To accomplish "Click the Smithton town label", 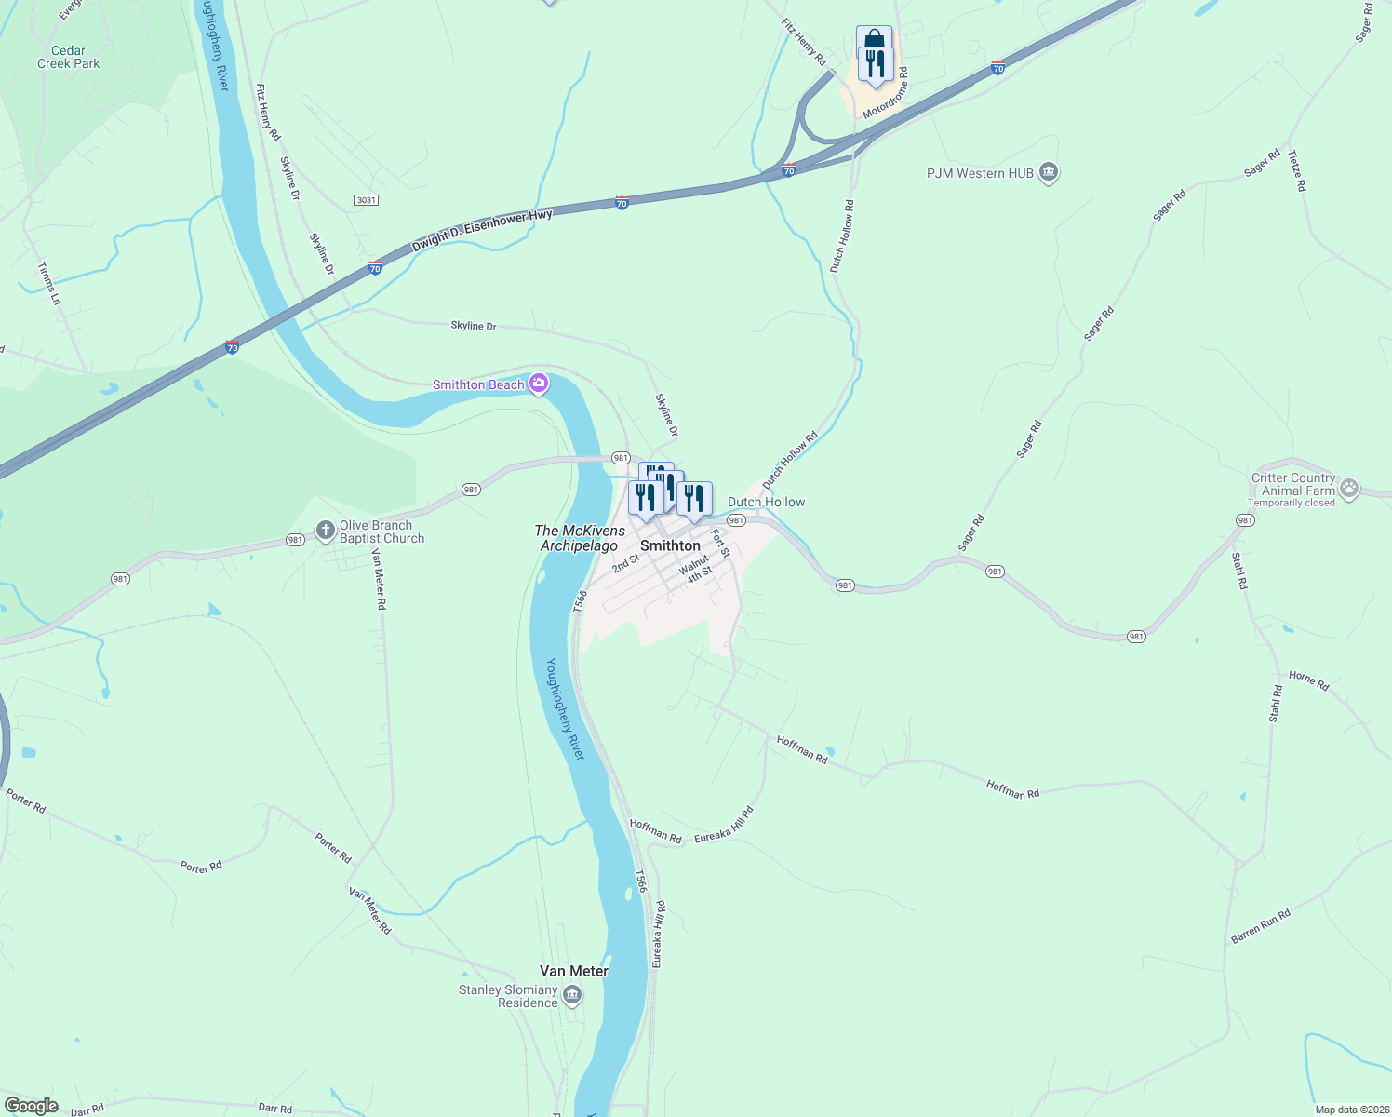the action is click(670, 545).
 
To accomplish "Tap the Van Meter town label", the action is click(574, 971).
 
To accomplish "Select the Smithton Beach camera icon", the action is click(538, 384).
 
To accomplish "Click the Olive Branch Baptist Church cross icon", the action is click(325, 531).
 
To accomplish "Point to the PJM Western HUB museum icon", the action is click(1049, 173).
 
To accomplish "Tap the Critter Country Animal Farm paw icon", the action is click(1349, 488).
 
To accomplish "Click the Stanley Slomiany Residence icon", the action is click(572, 997).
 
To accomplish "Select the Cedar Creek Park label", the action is click(69, 58).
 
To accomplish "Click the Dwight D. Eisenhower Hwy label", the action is click(482, 230).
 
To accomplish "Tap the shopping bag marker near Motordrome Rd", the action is click(874, 40).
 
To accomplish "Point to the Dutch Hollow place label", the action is click(766, 502).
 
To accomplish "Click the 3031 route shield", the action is click(367, 200).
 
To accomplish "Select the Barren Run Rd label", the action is click(1261, 926).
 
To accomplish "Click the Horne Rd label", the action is click(1309, 680).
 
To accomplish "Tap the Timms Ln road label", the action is click(48, 283).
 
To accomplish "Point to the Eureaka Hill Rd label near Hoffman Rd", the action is click(724, 825).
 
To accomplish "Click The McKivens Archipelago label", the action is click(580, 538).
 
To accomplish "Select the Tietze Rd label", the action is click(1297, 170).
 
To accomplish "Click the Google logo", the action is click(31, 1106).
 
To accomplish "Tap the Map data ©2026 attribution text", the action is click(1351, 1110).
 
